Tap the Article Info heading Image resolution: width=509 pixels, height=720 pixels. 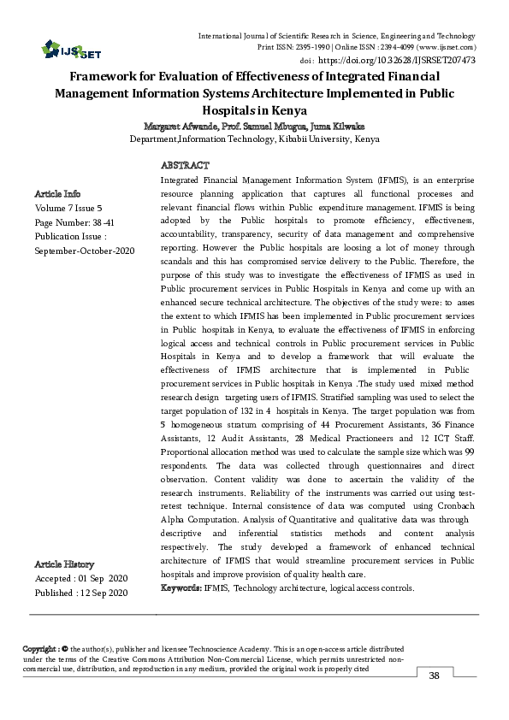coord(58,192)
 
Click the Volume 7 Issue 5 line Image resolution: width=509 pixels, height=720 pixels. coord(69,207)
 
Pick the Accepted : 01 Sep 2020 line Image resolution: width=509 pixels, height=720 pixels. coord(80,578)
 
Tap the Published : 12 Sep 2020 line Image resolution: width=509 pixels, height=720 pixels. coord(81,593)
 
